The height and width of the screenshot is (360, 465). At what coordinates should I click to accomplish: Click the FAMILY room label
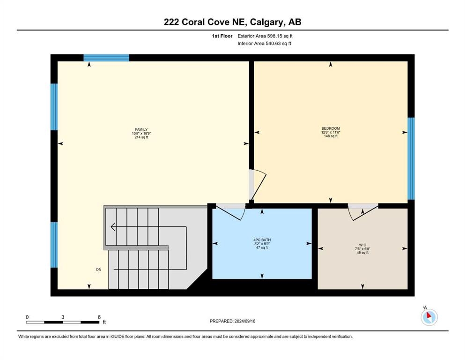141,130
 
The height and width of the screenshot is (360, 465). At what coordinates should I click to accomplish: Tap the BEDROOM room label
331,128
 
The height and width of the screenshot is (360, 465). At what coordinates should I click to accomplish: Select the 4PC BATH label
262,240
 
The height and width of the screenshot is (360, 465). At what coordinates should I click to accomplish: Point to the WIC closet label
362,245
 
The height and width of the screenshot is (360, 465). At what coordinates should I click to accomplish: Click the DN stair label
99,270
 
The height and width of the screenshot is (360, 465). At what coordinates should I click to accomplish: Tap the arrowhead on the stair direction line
113,227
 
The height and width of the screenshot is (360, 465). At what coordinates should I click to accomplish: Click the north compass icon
429,317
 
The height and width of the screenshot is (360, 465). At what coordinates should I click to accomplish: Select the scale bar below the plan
63,322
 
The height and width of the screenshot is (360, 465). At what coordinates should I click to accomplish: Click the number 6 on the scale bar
99,317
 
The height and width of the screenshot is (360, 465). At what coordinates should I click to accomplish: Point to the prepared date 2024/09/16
245,321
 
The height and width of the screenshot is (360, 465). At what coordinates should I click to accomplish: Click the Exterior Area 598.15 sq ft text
265,36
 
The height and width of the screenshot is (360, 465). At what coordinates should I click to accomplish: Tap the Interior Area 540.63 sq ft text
264,43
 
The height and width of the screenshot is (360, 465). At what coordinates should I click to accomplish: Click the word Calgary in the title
266,22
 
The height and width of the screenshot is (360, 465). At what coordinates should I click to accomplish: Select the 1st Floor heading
222,36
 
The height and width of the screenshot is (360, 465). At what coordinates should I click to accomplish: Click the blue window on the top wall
106,58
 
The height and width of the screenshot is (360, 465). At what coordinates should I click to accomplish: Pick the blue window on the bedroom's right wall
411,158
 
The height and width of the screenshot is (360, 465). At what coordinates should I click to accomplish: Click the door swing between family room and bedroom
258,185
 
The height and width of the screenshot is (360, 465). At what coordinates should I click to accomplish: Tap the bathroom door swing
230,212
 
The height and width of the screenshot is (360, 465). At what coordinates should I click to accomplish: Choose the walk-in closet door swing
363,212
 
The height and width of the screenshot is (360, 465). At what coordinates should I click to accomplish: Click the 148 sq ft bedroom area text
331,136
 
